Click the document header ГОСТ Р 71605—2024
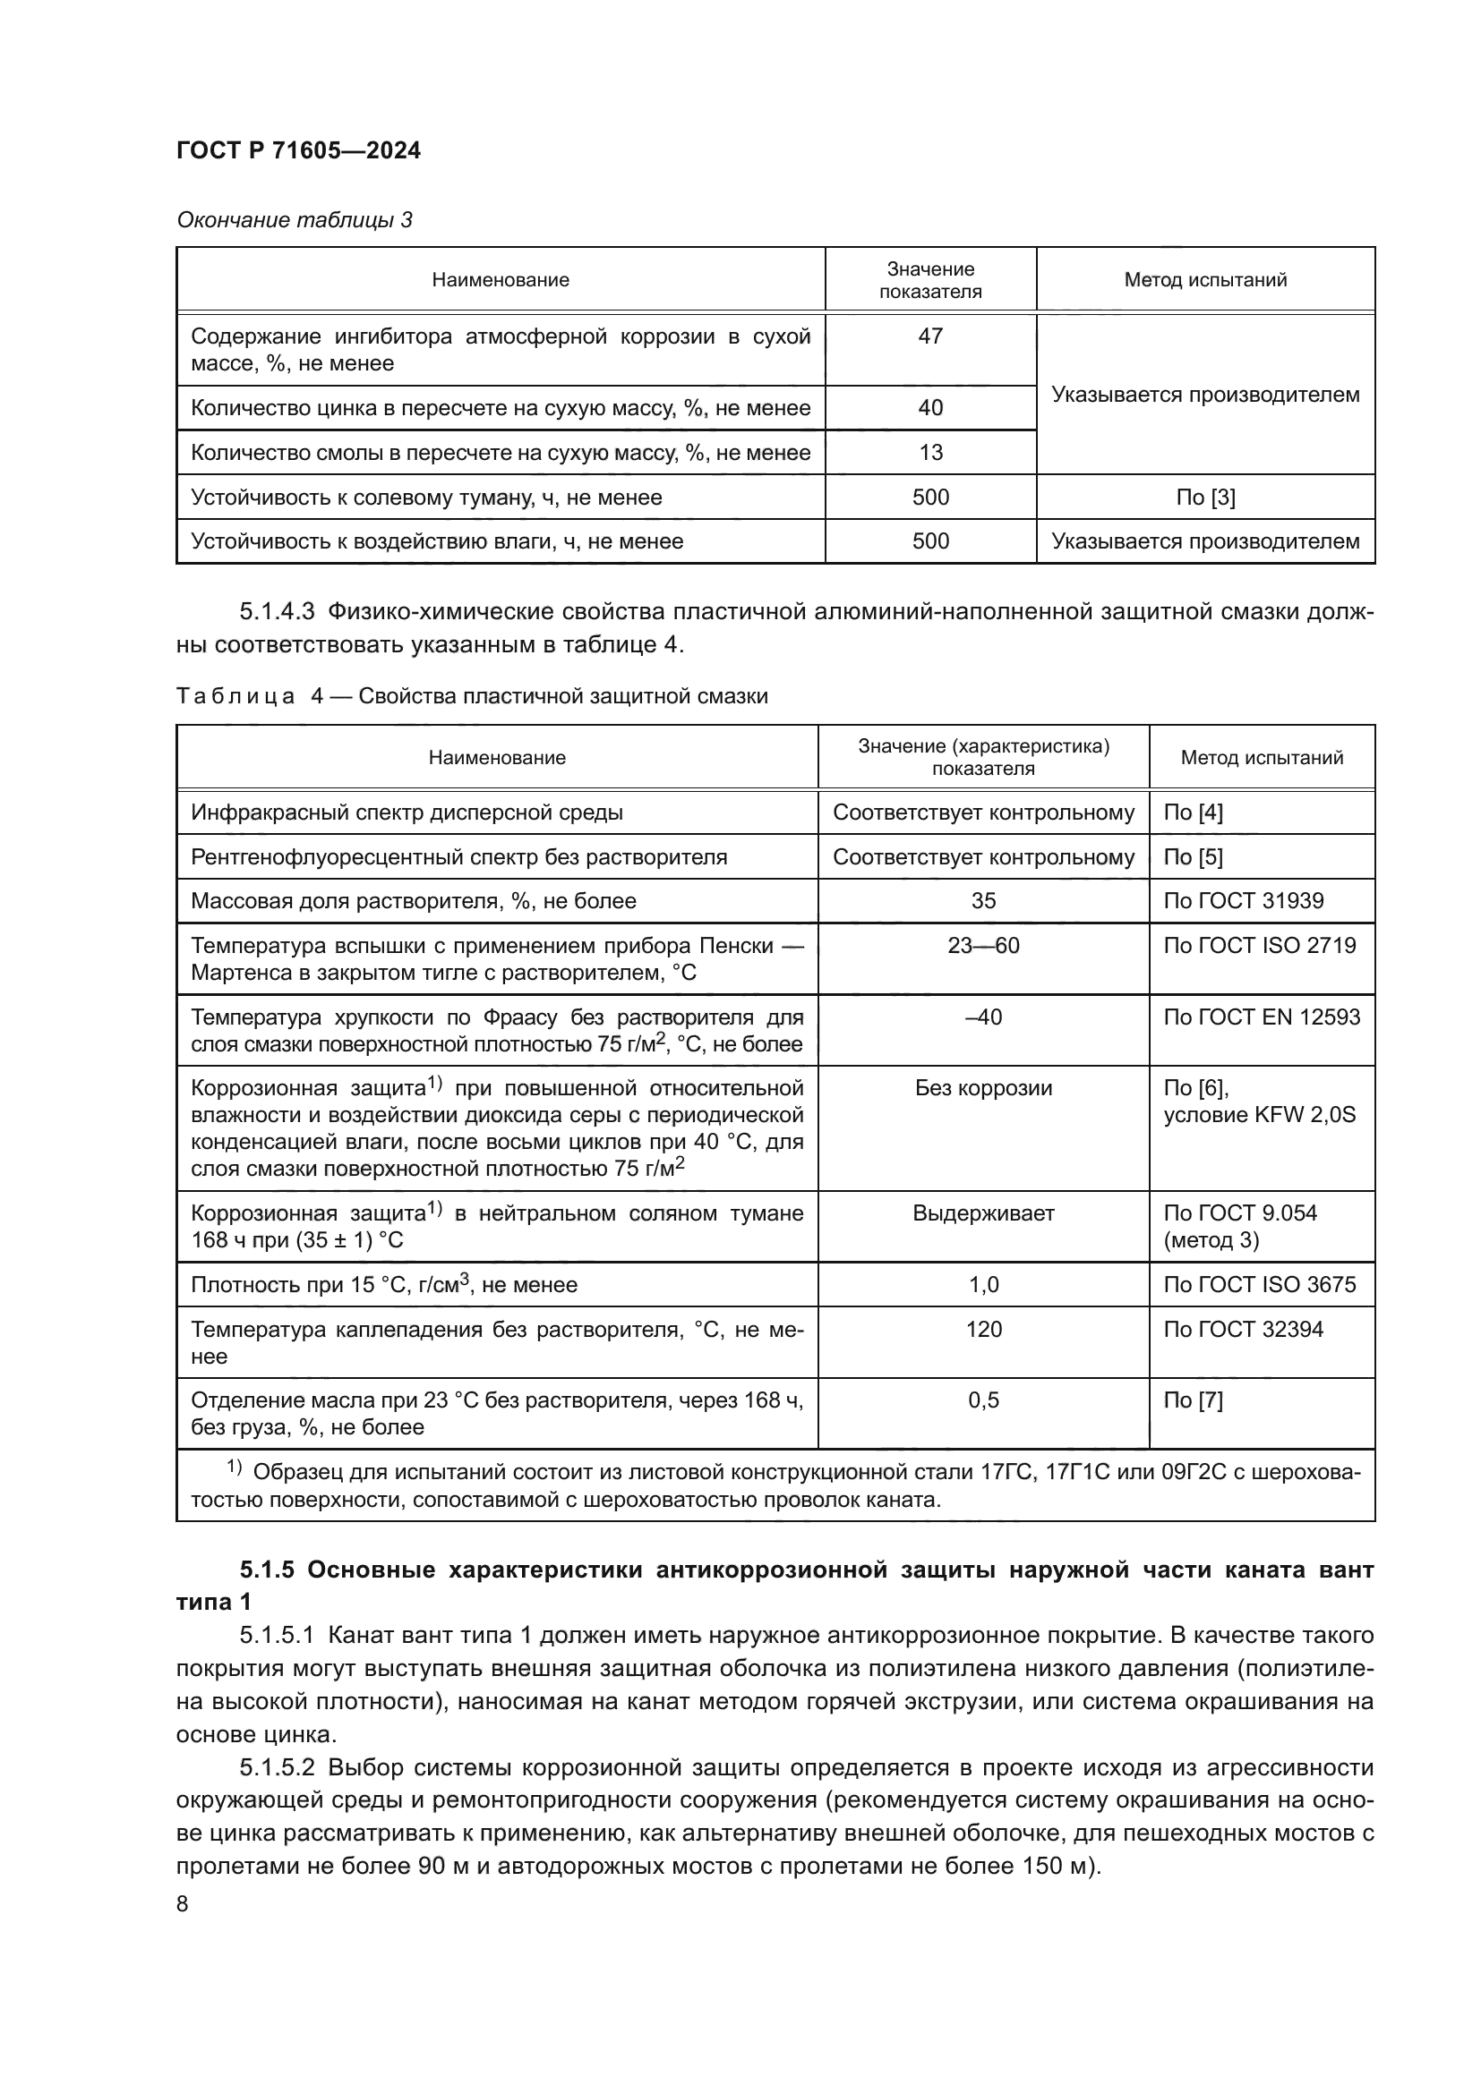click(298, 150)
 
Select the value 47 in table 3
click(930, 336)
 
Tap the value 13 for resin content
click(930, 452)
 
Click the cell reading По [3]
click(1204, 497)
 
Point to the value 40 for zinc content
click(930, 407)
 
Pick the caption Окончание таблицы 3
click(295, 220)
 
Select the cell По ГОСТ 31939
click(1243, 901)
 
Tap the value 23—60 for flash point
click(983, 945)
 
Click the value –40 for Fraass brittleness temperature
click(983, 1017)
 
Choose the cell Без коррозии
click(983, 1087)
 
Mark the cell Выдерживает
click(983, 1213)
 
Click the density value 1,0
click(983, 1284)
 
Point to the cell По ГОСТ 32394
click(1243, 1329)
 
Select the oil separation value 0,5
click(983, 1400)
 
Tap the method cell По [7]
click(1193, 1400)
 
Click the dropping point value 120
click(983, 1329)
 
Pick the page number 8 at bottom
click(183, 1903)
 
